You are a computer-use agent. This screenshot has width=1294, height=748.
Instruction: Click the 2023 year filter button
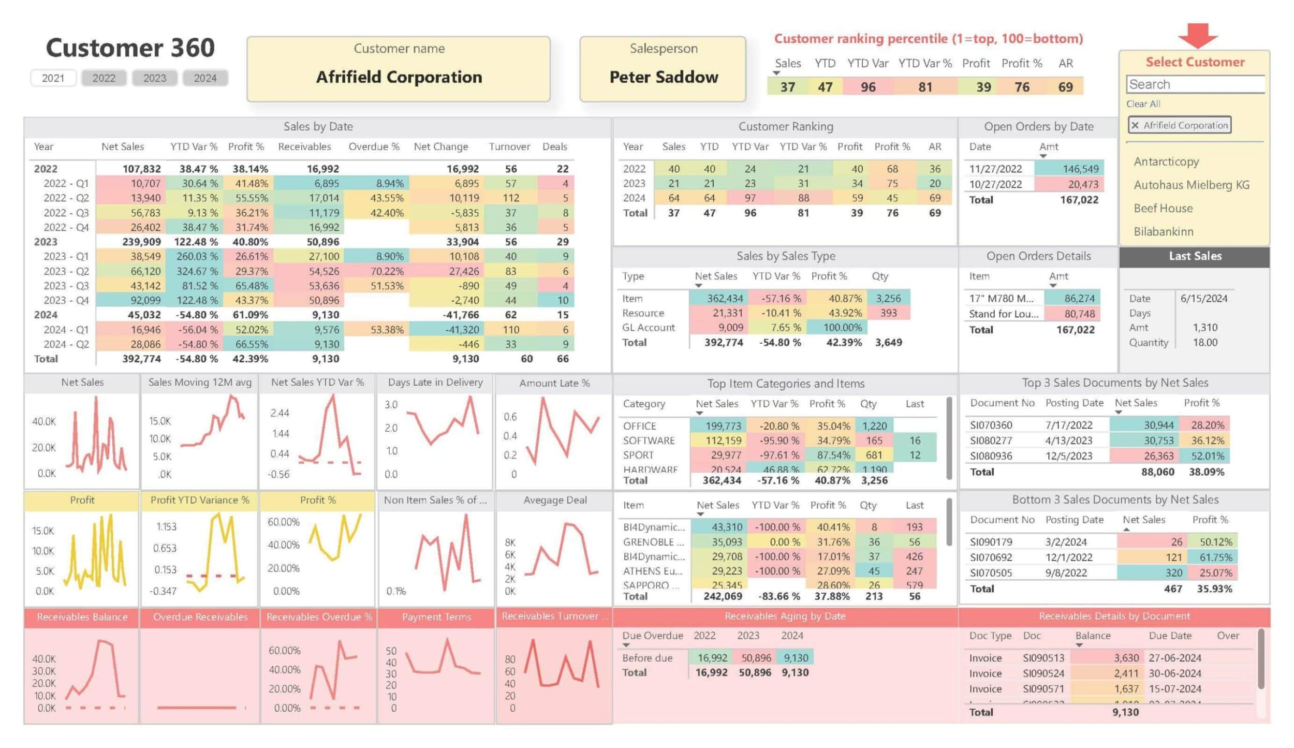tap(154, 78)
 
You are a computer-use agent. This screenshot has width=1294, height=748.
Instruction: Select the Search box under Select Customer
tap(1195, 84)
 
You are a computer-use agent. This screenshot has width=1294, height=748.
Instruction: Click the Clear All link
tap(1143, 104)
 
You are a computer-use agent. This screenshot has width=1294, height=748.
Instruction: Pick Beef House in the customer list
tap(1163, 208)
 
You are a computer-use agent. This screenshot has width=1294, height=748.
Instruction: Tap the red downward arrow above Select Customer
tap(1197, 36)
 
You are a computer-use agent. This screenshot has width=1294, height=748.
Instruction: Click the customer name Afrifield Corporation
tap(399, 77)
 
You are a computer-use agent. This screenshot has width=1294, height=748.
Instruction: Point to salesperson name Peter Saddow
tap(663, 77)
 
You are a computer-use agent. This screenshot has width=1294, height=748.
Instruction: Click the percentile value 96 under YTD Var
tap(867, 87)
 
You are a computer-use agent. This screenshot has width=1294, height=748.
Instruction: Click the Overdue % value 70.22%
tap(387, 271)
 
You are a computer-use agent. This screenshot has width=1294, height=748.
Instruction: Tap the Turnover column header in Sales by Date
tap(509, 146)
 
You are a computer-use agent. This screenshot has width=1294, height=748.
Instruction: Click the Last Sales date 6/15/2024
tap(1203, 299)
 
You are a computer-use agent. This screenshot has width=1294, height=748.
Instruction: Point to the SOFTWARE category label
tap(648, 441)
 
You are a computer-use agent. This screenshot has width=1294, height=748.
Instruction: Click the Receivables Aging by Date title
tap(784, 616)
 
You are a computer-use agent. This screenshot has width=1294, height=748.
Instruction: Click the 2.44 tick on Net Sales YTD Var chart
tap(280, 413)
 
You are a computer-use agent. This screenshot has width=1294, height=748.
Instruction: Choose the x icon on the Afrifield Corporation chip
tap(1135, 125)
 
